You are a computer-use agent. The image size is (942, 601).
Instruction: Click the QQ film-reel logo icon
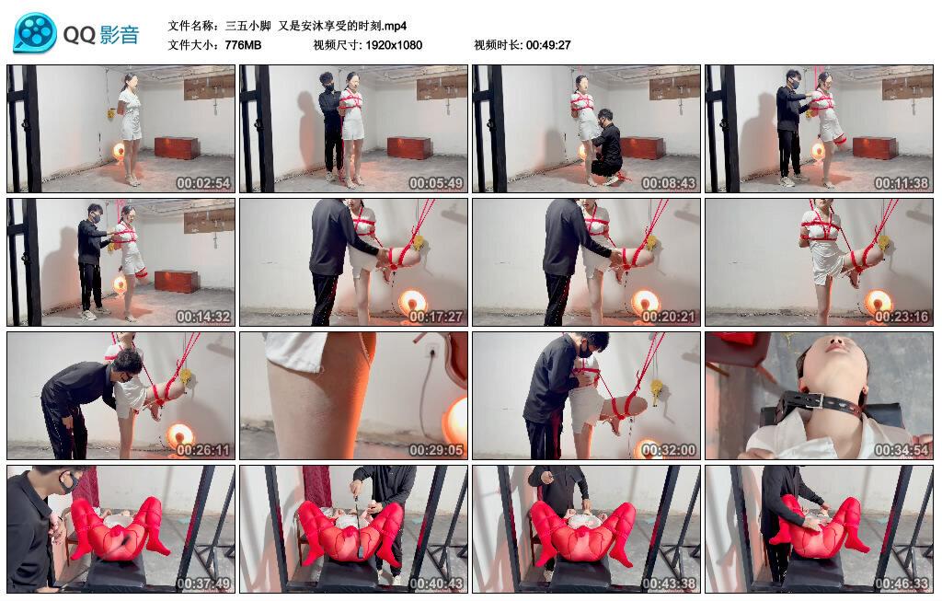click(x=34, y=33)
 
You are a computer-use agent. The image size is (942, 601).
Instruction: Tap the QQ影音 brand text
click(x=101, y=35)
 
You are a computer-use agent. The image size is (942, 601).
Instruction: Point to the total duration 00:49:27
click(x=548, y=45)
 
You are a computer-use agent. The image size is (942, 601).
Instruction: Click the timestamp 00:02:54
click(x=203, y=183)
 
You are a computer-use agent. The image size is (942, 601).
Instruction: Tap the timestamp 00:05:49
click(x=436, y=183)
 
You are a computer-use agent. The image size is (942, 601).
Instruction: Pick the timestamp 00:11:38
click(x=902, y=183)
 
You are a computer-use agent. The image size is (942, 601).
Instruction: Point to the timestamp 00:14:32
click(x=203, y=317)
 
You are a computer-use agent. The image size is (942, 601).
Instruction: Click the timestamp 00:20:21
click(x=669, y=317)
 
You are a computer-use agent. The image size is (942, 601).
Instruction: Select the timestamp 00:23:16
click(x=902, y=317)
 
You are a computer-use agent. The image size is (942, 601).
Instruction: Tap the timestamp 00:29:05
click(x=436, y=450)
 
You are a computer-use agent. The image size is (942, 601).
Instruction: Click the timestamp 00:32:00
click(x=669, y=450)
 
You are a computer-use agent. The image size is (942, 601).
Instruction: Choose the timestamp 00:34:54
click(x=902, y=450)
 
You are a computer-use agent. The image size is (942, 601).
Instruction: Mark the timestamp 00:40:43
click(x=436, y=584)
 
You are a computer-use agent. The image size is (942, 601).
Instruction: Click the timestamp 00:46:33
click(x=902, y=584)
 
